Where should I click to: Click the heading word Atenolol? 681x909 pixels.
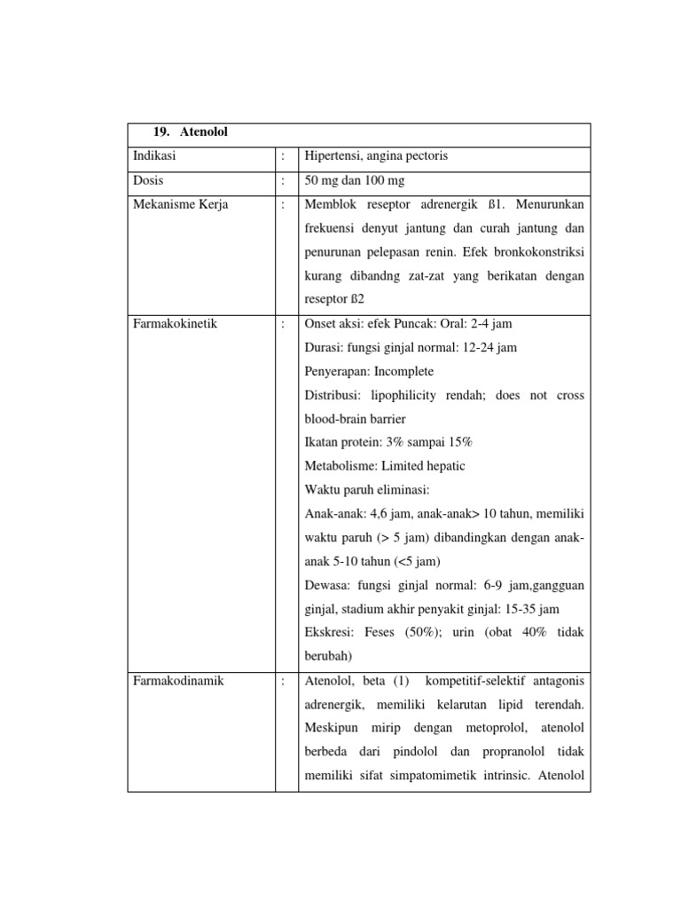(x=203, y=131)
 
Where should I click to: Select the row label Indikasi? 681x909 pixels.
(x=154, y=156)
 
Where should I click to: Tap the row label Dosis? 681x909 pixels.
(x=148, y=181)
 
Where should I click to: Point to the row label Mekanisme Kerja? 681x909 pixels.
(x=180, y=205)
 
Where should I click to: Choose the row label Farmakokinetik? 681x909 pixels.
(x=175, y=324)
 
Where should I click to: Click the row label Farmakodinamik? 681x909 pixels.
(x=177, y=682)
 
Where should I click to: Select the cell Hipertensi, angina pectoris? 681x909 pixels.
(x=376, y=156)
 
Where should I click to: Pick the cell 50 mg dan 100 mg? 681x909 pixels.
(x=355, y=181)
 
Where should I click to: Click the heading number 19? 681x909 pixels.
(x=161, y=131)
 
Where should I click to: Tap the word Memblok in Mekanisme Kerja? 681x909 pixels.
(x=329, y=205)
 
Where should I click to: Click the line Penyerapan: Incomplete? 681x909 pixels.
(x=369, y=371)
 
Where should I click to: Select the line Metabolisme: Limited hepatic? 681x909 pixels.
(x=384, y=466)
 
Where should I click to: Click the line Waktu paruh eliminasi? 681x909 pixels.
(x=366, y=490)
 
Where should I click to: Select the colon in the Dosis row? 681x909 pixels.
(x=283, y=181)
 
